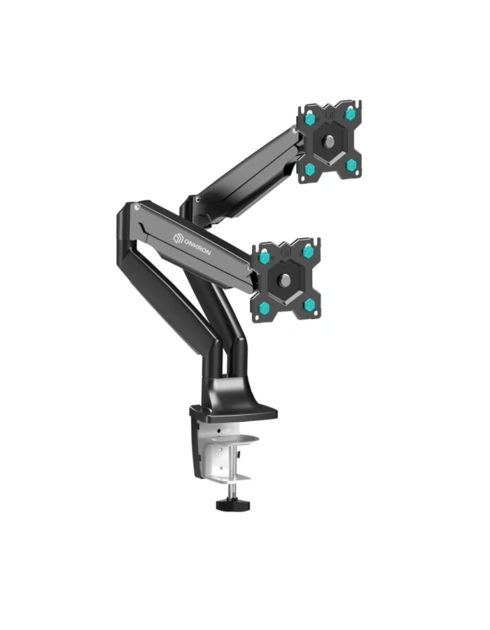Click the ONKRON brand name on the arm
tap(197, 246)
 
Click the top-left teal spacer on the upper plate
tap(310, 118)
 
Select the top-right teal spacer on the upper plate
tap(349, 113)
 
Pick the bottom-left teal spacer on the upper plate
tap(309, 169)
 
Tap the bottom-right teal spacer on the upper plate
tap(352, 164)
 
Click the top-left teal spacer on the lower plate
tap(264, 255)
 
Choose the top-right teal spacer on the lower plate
tap(308, 252)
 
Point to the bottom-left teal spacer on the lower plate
tap(264, 309)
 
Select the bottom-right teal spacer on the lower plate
tap(309, 305)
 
